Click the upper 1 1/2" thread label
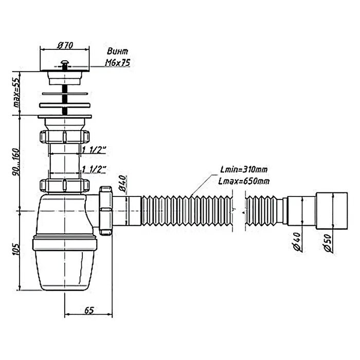[x=94, y=150]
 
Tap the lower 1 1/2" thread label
[x=94, y=169]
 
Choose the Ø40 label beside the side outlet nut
[x=122, y=184]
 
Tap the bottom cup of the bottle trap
[x=64, y=267]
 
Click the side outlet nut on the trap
[x=107, y=210]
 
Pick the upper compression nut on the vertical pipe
[x=64, y=137]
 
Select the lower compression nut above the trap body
[x=64, y=185]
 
